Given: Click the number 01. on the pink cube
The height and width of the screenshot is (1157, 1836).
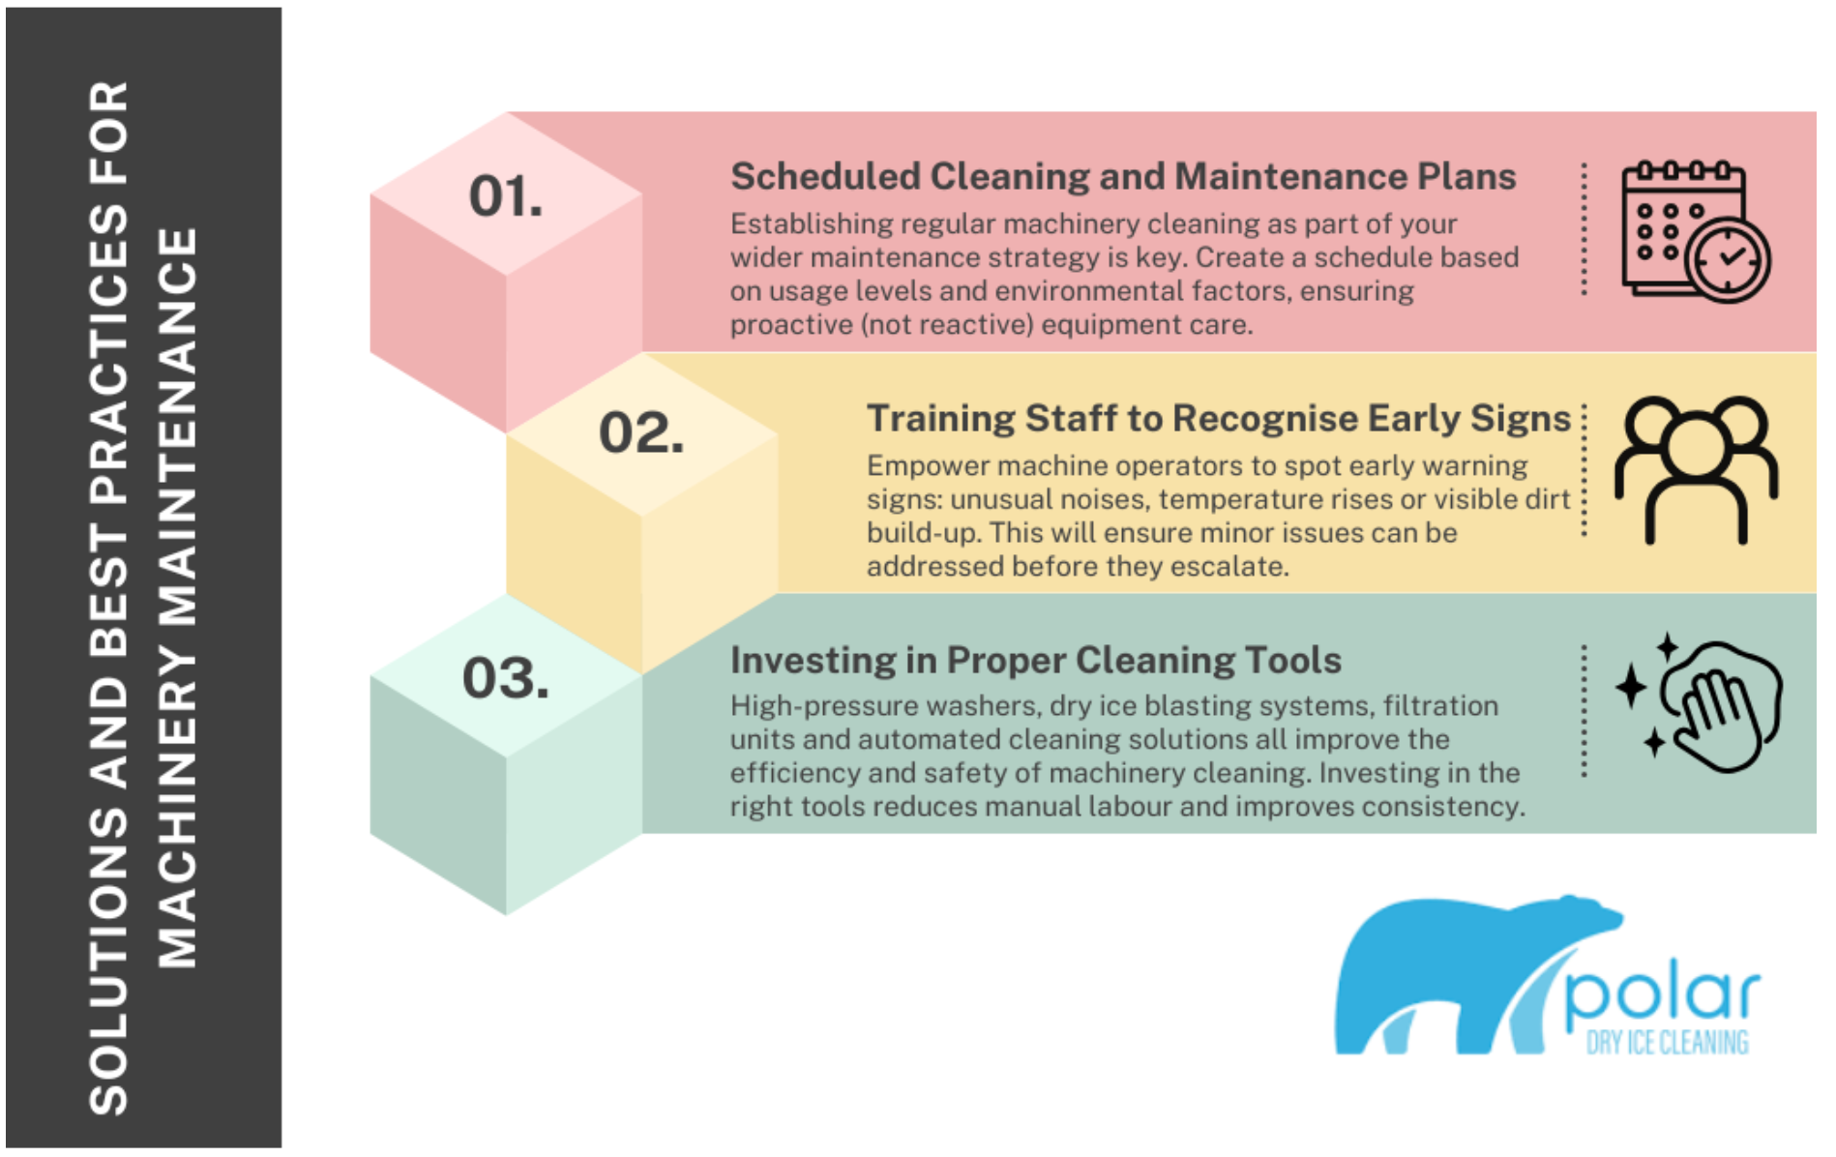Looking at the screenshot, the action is pyautogui.click(x=506, y=196).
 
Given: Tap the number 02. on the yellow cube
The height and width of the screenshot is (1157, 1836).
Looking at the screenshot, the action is pyautogui.click(x=641, y=432).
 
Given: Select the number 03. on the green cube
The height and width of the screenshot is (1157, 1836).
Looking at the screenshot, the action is pyautogui.click(x=506, y=678).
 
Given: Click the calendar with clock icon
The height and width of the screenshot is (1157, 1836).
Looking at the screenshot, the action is pyautogui.click(x=1696, y=232).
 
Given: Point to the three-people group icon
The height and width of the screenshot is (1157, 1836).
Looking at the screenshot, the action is pyautogui.click(x=1696, y=470).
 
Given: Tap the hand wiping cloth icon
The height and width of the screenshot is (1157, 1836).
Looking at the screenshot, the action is pyautogui.click(x=1700, y=703).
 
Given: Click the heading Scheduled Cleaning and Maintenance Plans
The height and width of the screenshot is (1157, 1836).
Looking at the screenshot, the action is pyautogui.click(x=1123, y=177).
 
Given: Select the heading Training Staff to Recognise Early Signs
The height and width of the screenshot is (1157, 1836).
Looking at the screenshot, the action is pyautogui.click(x=1219, y=419).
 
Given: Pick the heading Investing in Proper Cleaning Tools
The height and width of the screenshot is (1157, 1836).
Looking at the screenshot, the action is pyautogui.click(x=1036, y=661).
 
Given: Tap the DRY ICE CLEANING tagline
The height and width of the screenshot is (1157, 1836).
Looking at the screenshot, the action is pyautogui.click(x=1668, y=1042).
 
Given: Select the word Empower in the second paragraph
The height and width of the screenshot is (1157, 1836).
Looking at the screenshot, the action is pyautogui.click(x=928, y=467).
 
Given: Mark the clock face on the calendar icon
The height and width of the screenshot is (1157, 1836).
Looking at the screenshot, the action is pyautogui.click(x=1729, y=259).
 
